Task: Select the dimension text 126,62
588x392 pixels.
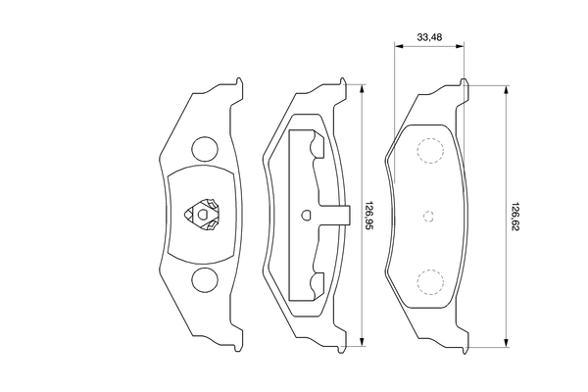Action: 514,213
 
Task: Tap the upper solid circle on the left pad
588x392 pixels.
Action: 205,150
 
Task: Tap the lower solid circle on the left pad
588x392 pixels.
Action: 205,279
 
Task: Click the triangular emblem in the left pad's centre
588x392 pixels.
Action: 205,215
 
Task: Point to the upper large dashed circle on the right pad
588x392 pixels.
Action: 429,150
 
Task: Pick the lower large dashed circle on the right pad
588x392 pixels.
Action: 429,281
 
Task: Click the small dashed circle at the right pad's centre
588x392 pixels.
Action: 428,216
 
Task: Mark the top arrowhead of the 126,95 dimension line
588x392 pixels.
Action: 363,86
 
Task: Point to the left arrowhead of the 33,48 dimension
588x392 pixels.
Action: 398,45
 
